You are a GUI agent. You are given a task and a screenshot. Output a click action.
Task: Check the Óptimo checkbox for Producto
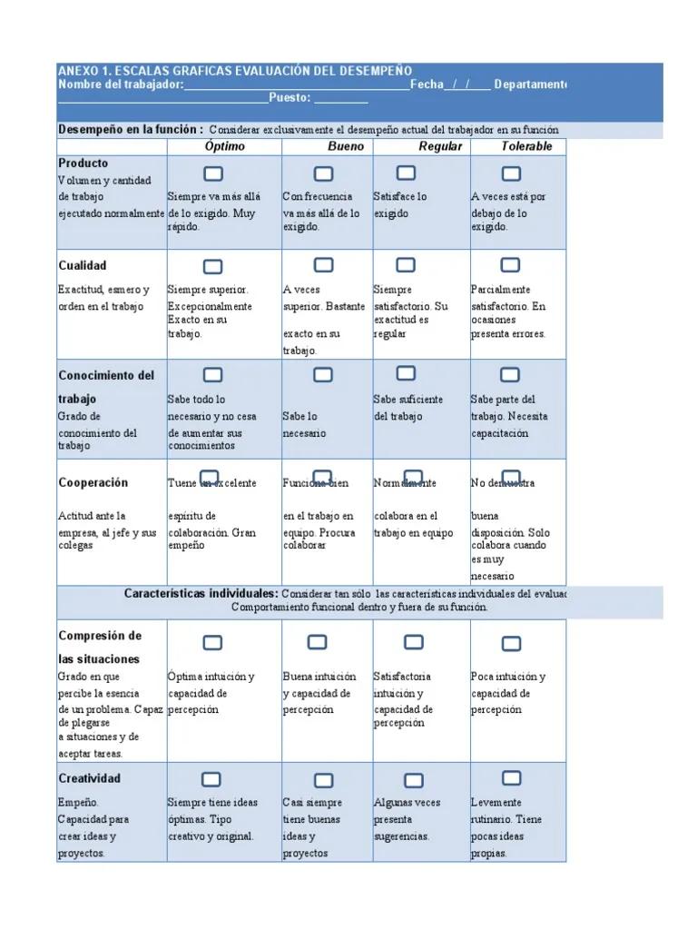point(213,173)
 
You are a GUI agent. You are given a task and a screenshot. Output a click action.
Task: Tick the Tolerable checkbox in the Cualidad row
point(510,265)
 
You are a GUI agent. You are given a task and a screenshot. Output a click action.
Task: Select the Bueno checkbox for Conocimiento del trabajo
point(323,375)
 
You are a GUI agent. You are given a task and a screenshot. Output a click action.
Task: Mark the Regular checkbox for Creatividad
point(414,781)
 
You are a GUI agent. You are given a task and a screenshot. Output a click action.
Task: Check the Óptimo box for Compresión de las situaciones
point(212,643)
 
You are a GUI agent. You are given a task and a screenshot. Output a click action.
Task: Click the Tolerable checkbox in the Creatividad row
point(511,778)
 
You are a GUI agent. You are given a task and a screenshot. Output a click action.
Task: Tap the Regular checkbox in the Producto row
point(407,173)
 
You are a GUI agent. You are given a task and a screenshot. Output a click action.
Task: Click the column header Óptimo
point(224,146)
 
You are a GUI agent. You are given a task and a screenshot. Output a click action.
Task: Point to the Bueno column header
point(346,146)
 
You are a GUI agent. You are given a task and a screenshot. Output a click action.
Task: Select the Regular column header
point(440,146)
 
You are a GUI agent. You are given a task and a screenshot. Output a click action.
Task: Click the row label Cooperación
point(93,482)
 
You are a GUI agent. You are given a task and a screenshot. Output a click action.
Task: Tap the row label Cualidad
point(83,265)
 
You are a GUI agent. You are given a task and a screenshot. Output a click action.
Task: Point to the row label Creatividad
point(89,778)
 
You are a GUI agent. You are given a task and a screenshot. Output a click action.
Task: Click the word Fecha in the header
point(427,84)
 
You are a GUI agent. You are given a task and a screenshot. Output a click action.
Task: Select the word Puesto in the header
point(290,98)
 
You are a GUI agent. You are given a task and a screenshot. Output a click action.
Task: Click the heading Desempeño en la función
point(131,130)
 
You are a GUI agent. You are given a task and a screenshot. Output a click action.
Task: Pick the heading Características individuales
point(201,593)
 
